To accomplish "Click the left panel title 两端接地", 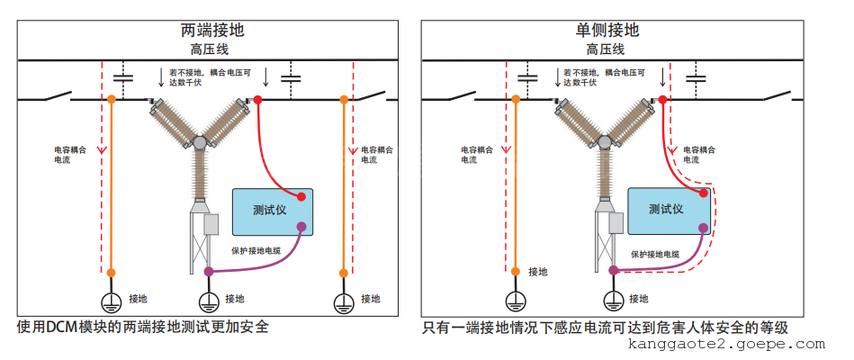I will [211, 30].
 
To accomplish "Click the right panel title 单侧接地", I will [607, 30].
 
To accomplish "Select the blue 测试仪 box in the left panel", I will [271, 211].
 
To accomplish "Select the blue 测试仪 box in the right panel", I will [667, 210].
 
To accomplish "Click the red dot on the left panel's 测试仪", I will [303, 194].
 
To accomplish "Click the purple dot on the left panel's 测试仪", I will [301, 228].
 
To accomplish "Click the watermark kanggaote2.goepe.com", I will [725, 345].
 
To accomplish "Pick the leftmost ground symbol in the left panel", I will [111, 302].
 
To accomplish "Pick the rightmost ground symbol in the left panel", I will [343, 303].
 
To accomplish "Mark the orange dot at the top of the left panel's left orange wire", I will [111, 98].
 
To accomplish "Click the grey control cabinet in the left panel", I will [211, 224].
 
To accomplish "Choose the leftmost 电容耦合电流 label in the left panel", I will [68, 154].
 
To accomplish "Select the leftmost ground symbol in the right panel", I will [514, 302].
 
